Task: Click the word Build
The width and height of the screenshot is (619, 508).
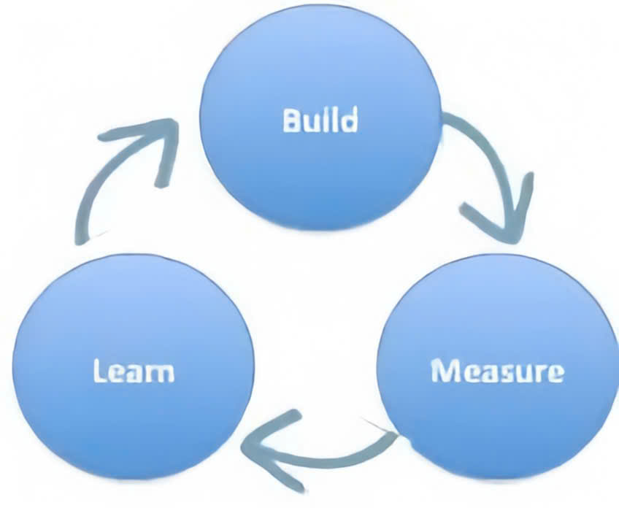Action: (320, 120)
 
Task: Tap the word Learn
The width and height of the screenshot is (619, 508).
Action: (134, 372)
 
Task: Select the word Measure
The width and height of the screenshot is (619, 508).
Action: (497, 372)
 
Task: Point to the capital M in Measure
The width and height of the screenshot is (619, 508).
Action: (442, 372)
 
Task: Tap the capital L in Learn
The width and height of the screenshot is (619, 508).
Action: (99, 372)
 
